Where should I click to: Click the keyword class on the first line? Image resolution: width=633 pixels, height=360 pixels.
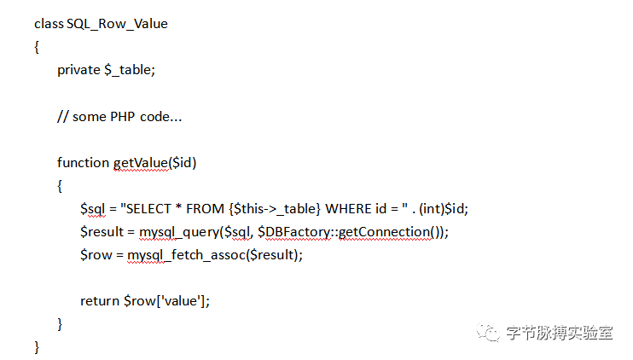[49, 24]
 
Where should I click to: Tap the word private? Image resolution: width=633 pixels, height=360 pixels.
[78, 70]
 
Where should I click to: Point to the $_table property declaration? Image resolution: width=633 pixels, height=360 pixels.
[129, 70]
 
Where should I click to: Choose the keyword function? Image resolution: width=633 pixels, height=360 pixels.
[84, 162]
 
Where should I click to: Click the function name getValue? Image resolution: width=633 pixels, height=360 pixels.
[141, 162]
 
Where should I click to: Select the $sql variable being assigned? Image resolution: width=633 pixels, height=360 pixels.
[93, 208]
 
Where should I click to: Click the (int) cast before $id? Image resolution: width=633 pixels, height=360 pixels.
[430, 208]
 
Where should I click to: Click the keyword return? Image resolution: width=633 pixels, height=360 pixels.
[100, 300]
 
